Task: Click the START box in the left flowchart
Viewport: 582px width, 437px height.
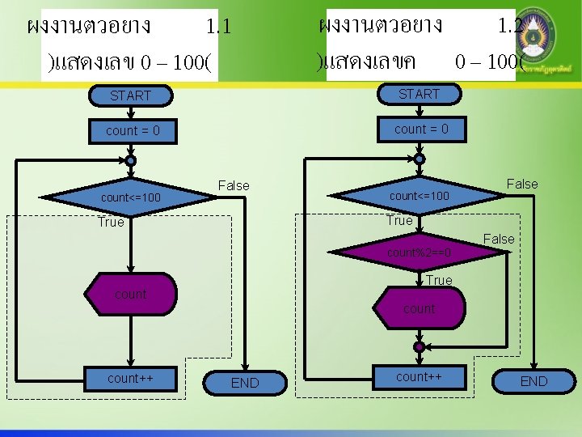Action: [131, 95]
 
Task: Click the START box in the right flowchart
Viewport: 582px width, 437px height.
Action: [419, 94]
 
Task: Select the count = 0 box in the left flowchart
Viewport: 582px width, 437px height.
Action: [133, 130]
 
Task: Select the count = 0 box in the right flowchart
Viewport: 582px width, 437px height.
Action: [421, 129]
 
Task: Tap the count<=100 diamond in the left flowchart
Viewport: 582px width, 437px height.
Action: [130, 197]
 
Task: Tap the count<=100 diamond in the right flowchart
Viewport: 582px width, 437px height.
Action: [419, 196]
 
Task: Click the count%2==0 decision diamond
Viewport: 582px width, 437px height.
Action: [419, 253]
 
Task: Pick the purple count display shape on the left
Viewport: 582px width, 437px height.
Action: [130, 295]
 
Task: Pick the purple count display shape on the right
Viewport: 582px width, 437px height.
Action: [419, 308]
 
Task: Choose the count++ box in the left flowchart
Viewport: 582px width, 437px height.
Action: [130, 378]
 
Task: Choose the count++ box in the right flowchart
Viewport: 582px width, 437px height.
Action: [419, 376]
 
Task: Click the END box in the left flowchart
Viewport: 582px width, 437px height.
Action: [245, 383]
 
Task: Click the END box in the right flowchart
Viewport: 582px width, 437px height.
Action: [533, 381]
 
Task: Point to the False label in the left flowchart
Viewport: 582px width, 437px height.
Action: [234, 185]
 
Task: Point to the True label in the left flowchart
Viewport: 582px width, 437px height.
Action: [111, 222]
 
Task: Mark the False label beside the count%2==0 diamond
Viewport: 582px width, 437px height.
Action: [498, 239]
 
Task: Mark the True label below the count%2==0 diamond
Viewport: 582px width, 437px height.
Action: [439, 280]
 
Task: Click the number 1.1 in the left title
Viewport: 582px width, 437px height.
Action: [218, 27]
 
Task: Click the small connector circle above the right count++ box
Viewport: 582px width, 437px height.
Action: [419, 346]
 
